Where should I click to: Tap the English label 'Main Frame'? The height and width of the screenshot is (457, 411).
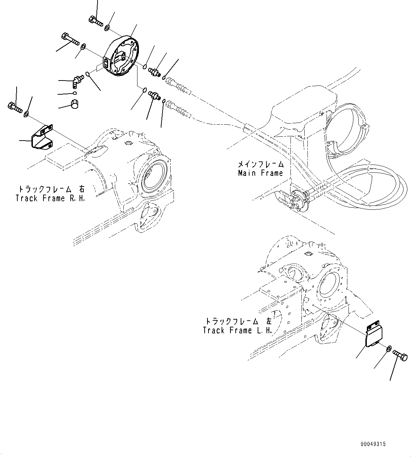(260, 173)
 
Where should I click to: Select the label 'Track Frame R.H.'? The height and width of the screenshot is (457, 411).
(50, 198)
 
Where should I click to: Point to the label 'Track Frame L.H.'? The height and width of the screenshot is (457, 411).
(237, 330)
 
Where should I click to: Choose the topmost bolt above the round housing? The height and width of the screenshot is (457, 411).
(95, 21)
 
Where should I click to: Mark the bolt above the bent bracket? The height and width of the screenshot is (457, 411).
(14, 108)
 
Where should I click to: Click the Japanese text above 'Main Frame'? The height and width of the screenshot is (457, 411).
(260, 164)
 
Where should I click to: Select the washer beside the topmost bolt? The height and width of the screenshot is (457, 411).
(107, 27)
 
